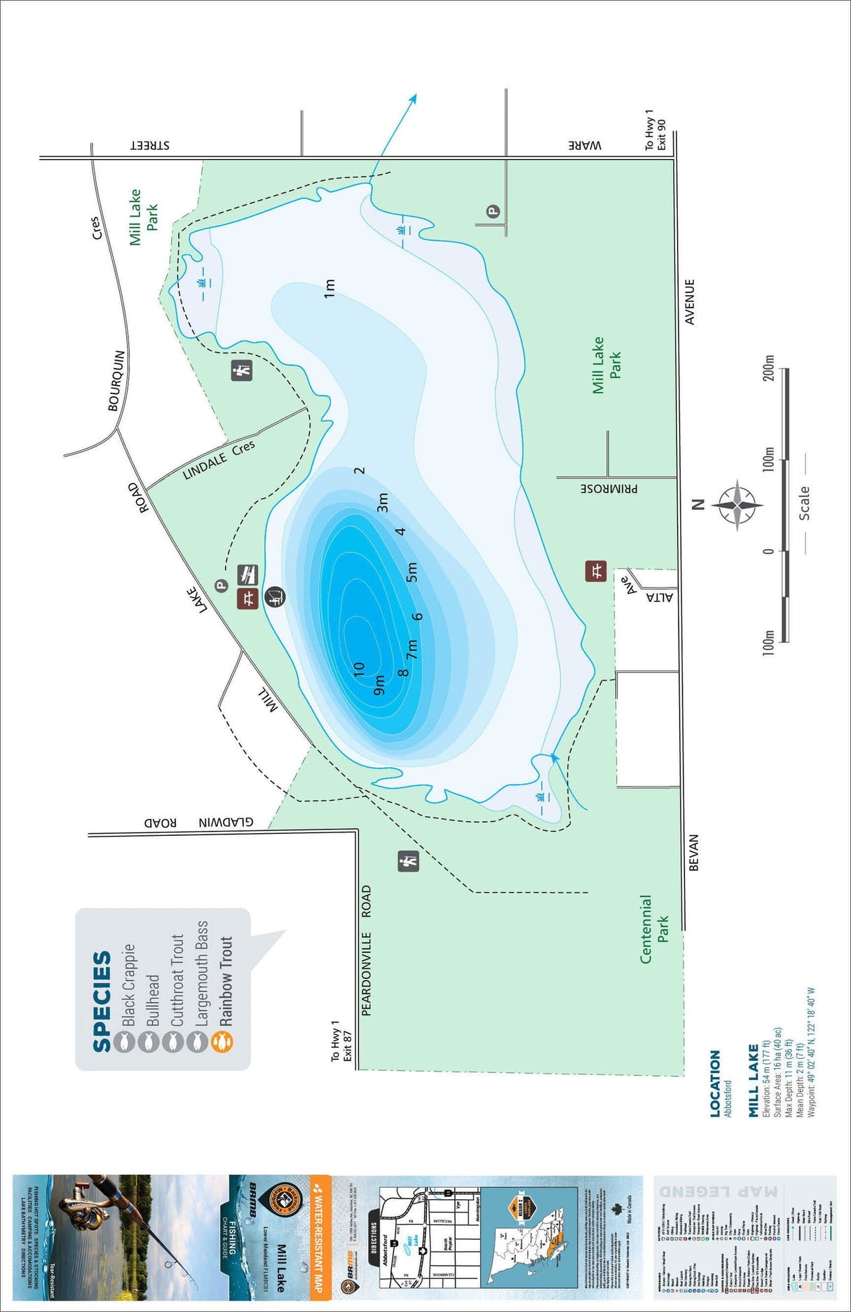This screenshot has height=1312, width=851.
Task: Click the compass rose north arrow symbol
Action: coord(737,504)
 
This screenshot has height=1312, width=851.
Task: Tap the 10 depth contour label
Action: coord(358,670)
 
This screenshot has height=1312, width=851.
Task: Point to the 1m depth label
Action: coord(329,288)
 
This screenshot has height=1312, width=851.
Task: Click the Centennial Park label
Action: coord(654,928)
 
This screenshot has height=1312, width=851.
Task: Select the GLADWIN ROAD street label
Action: coord(198,823)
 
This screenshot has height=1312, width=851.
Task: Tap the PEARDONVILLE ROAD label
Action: coord(366,950)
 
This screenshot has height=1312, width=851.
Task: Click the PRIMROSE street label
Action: coord(608,488)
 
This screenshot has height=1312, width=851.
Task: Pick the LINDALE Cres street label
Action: coord(219,461)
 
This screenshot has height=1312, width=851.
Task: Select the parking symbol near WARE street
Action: coord(493,210)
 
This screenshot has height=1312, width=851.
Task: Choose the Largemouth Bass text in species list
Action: coord(201,973)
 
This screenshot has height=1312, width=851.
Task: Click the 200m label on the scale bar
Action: coord(769,368)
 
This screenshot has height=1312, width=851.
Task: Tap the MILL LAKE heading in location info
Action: coord(753,1080)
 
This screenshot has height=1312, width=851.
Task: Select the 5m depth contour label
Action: coord(411,572)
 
